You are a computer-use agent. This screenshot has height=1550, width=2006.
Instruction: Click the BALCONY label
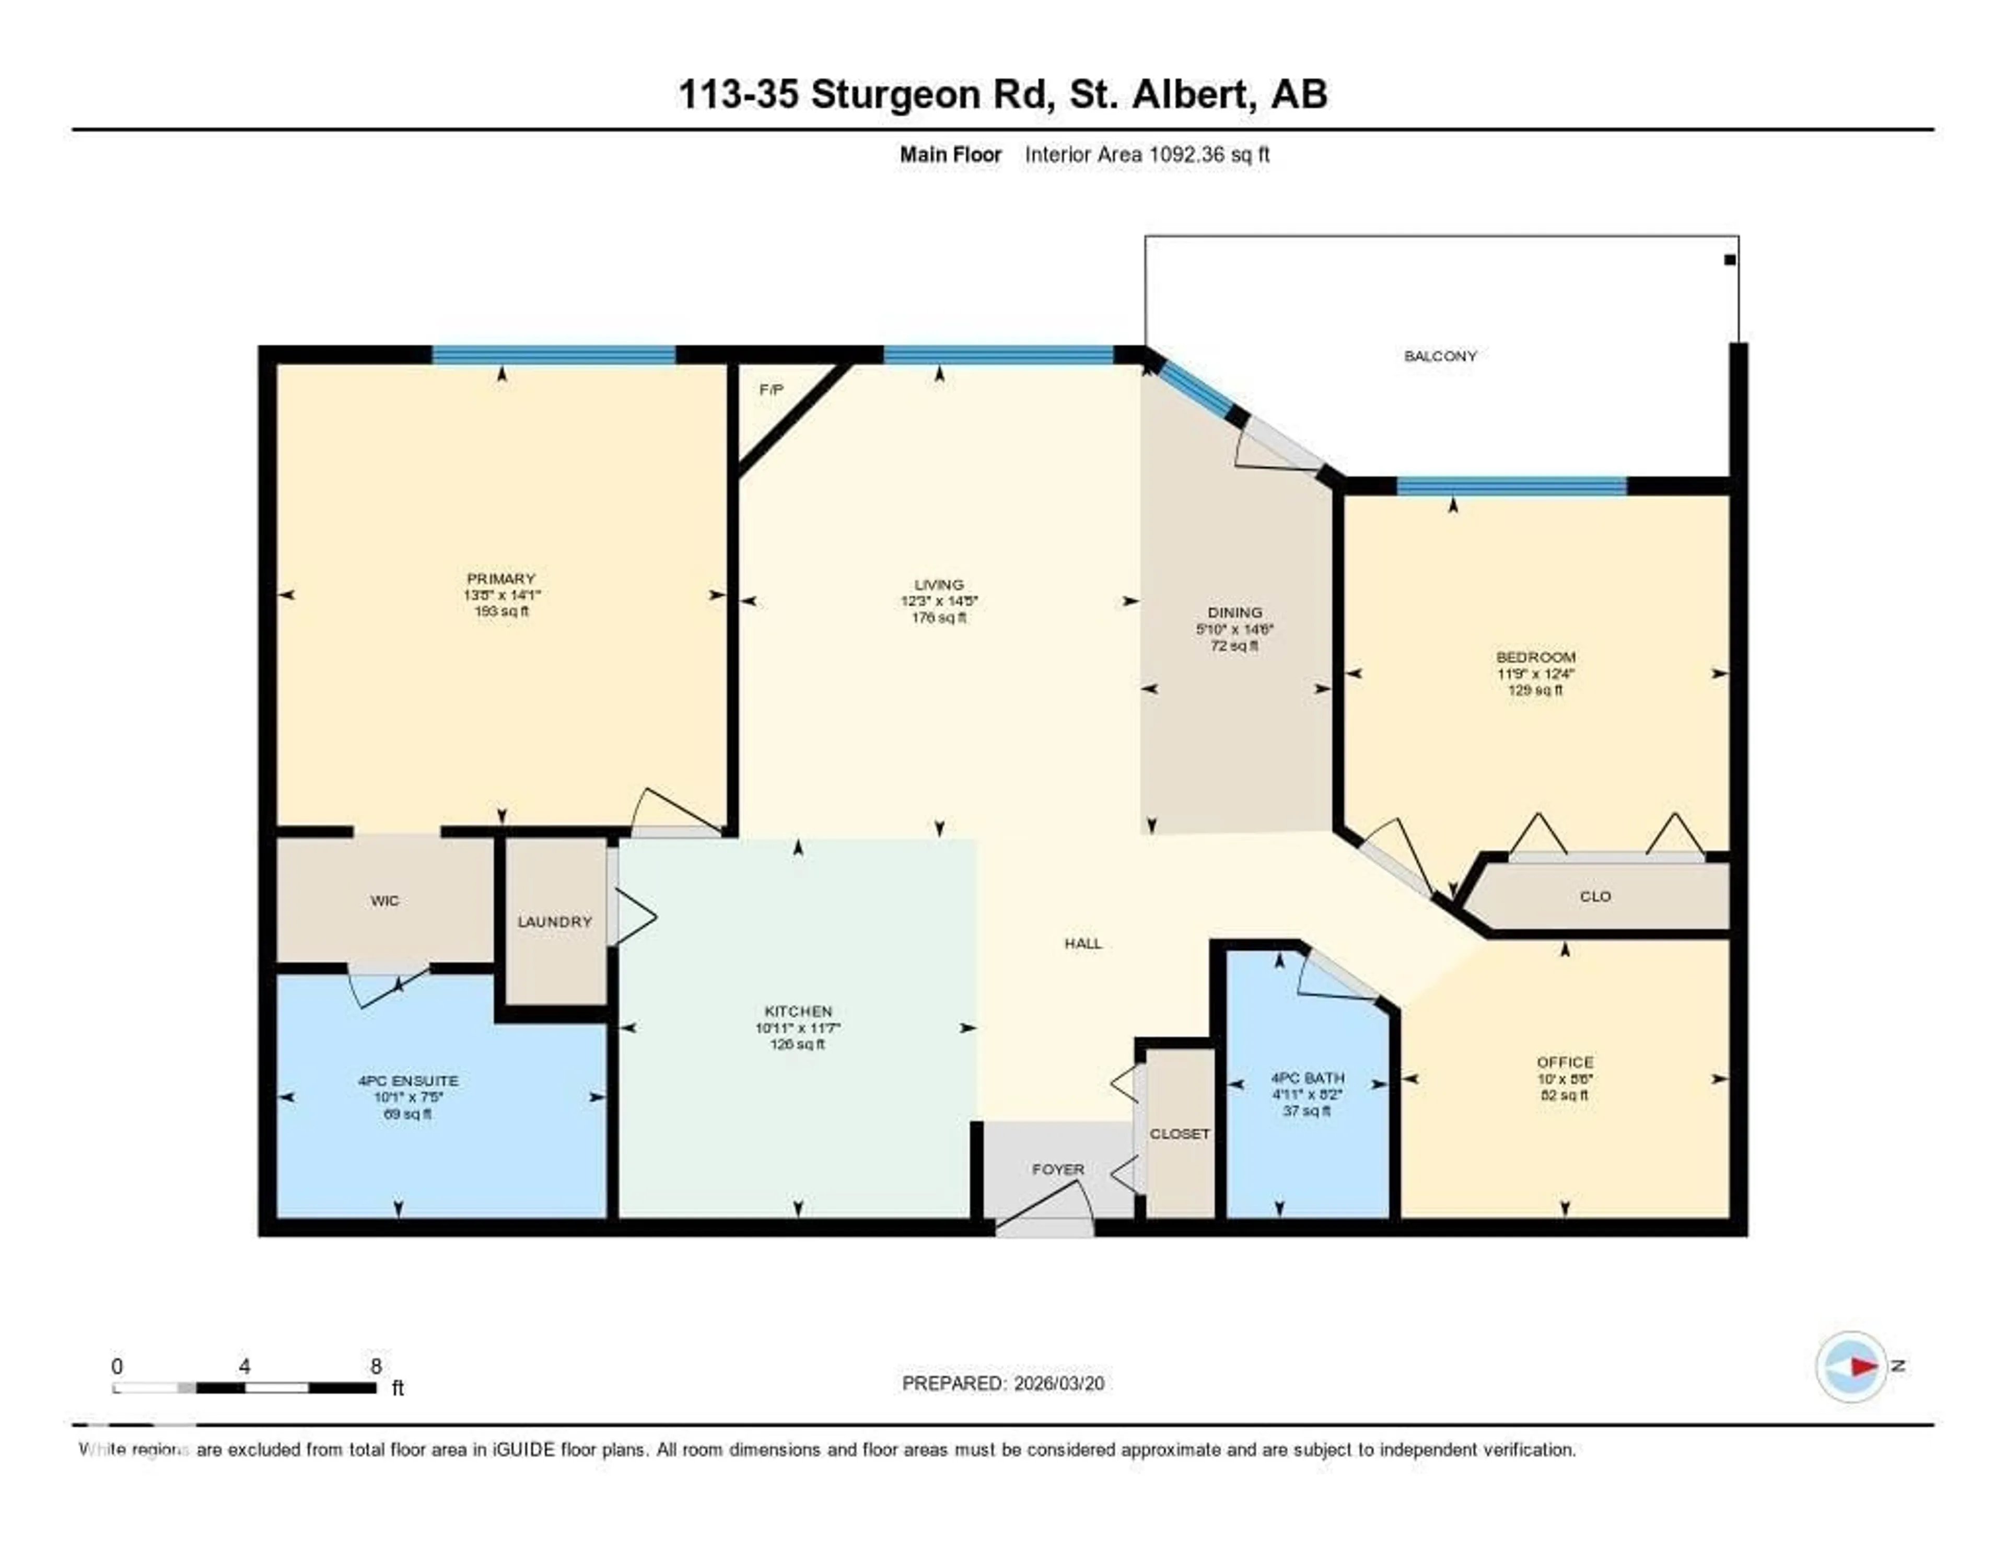coord(1439,355)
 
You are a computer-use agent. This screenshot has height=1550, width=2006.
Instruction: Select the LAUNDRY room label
coord(554,921)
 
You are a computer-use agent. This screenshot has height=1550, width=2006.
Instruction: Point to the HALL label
coord(1083,944)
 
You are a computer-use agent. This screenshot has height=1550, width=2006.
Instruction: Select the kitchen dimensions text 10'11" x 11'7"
coord(797,1028)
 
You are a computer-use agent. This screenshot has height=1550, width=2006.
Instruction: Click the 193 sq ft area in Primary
coord(501,611)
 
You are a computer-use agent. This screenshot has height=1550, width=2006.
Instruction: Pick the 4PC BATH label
coord(1307,1078)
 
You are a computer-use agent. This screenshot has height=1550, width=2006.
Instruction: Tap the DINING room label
coord(1234,612)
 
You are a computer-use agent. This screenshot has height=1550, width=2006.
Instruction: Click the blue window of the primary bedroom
coord(554,355)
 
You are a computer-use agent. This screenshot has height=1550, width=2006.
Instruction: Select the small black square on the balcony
coord(1730,260)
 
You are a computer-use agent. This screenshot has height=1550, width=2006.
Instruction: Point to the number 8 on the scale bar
coord(376,1366)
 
